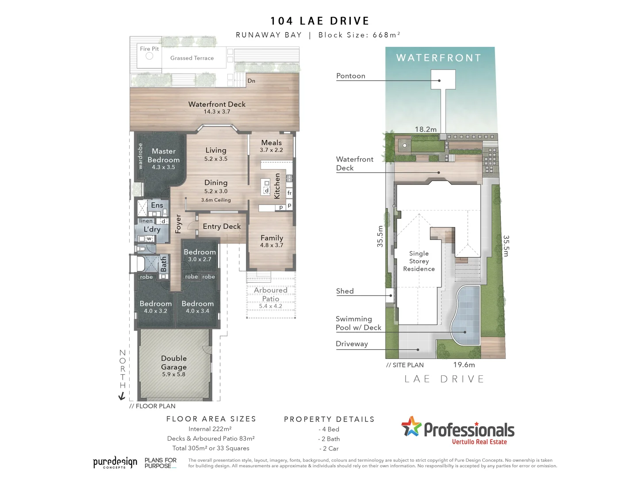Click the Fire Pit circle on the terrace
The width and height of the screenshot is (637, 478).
point(149,56)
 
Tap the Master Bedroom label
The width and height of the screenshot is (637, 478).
point(164,155)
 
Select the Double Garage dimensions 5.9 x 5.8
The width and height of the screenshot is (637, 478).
point(174,374)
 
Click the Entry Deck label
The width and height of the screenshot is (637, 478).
point(222,227)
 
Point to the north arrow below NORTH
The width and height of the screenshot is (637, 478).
point(122,396)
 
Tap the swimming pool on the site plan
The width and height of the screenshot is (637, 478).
point(468,315)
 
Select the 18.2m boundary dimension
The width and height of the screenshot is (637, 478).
point(426,129)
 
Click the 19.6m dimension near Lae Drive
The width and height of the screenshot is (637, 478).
point(464,365)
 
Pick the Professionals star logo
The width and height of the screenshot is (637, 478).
point(411,427)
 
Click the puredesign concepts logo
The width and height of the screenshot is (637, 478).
point(115,463)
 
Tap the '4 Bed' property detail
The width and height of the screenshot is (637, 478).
point(329,429)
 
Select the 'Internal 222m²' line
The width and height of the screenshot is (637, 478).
point(210,429)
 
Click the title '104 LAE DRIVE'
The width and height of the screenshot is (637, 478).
point(320,21)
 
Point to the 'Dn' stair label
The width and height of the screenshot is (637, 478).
point(251,81)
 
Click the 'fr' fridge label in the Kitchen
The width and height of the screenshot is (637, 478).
point(289,193)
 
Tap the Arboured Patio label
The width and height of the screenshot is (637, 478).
point(271,294)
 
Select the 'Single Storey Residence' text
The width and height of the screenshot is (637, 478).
point(419,261)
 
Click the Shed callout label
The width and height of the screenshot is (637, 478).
point(345,291)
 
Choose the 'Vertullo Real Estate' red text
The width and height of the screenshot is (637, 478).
point(480,442)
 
